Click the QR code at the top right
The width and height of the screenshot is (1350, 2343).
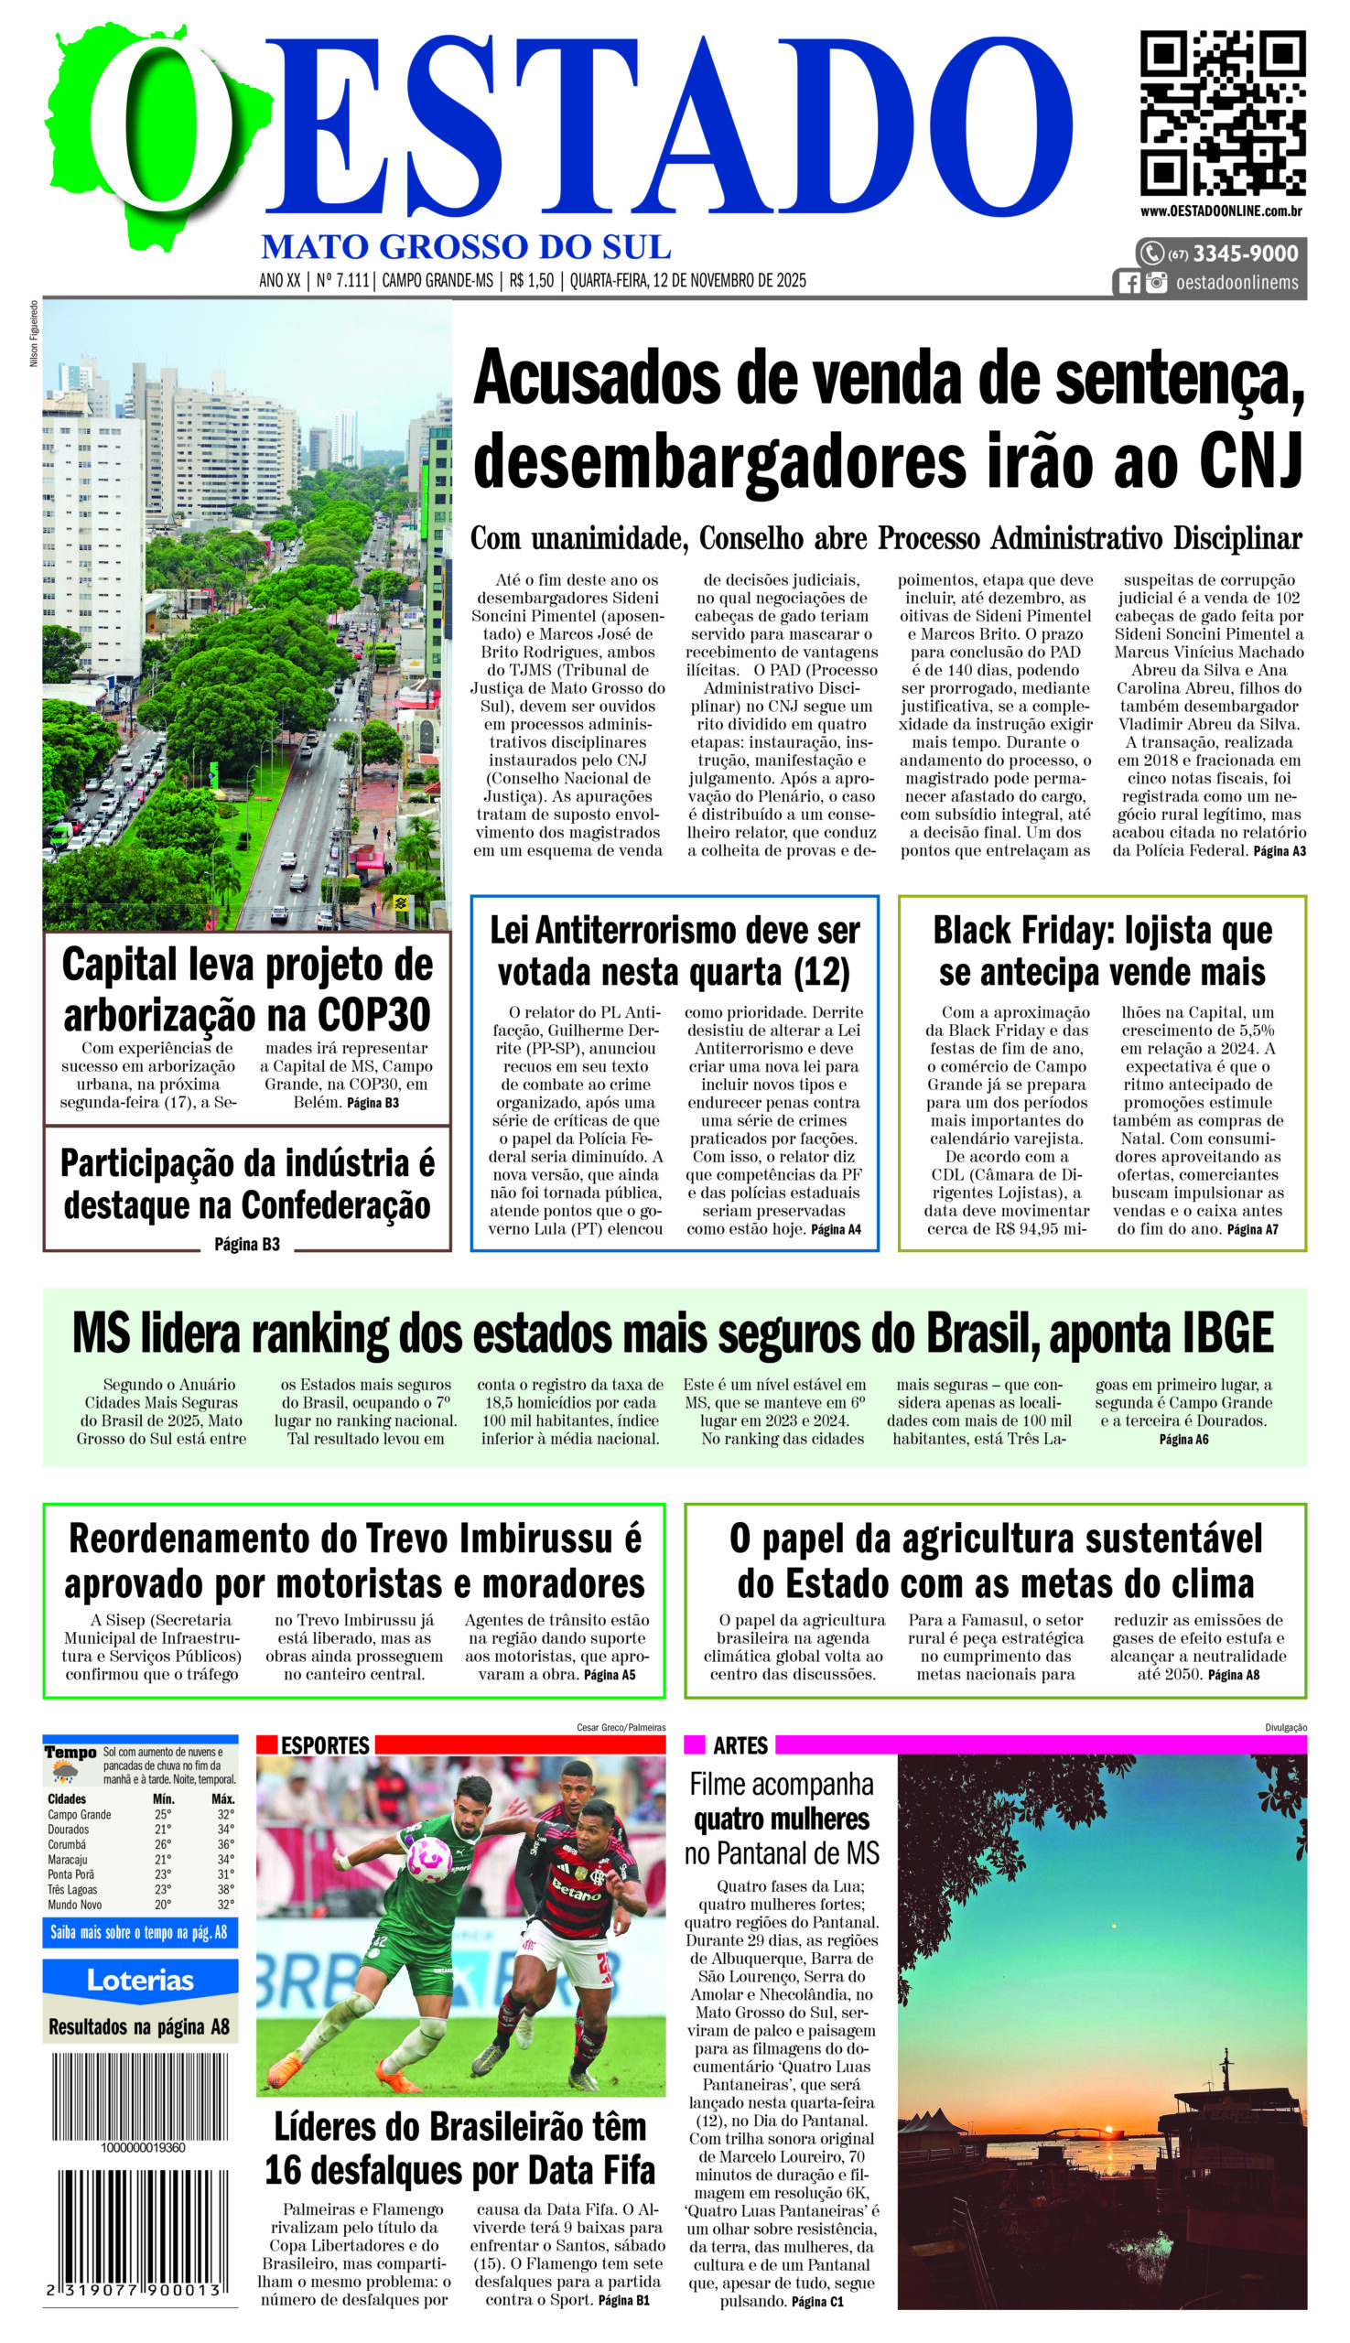[1222, 113]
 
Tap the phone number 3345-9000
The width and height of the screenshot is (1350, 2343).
[1245, 254]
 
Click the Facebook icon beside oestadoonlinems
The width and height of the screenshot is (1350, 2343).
[1129, 283]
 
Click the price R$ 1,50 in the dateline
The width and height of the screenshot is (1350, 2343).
[531, 280]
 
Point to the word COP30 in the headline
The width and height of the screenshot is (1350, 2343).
[374, 1014]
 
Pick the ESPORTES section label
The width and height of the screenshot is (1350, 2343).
[325, 1745]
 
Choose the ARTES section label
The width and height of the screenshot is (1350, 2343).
[740, 1745]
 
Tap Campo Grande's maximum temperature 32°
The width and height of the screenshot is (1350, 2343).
[225, 1815]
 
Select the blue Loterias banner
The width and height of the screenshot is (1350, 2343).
[140, 1981]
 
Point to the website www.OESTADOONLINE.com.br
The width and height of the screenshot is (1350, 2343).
[1220, 211]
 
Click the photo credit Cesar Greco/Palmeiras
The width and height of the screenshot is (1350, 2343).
[621, 1727]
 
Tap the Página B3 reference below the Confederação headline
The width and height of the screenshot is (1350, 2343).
[246, 1245]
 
